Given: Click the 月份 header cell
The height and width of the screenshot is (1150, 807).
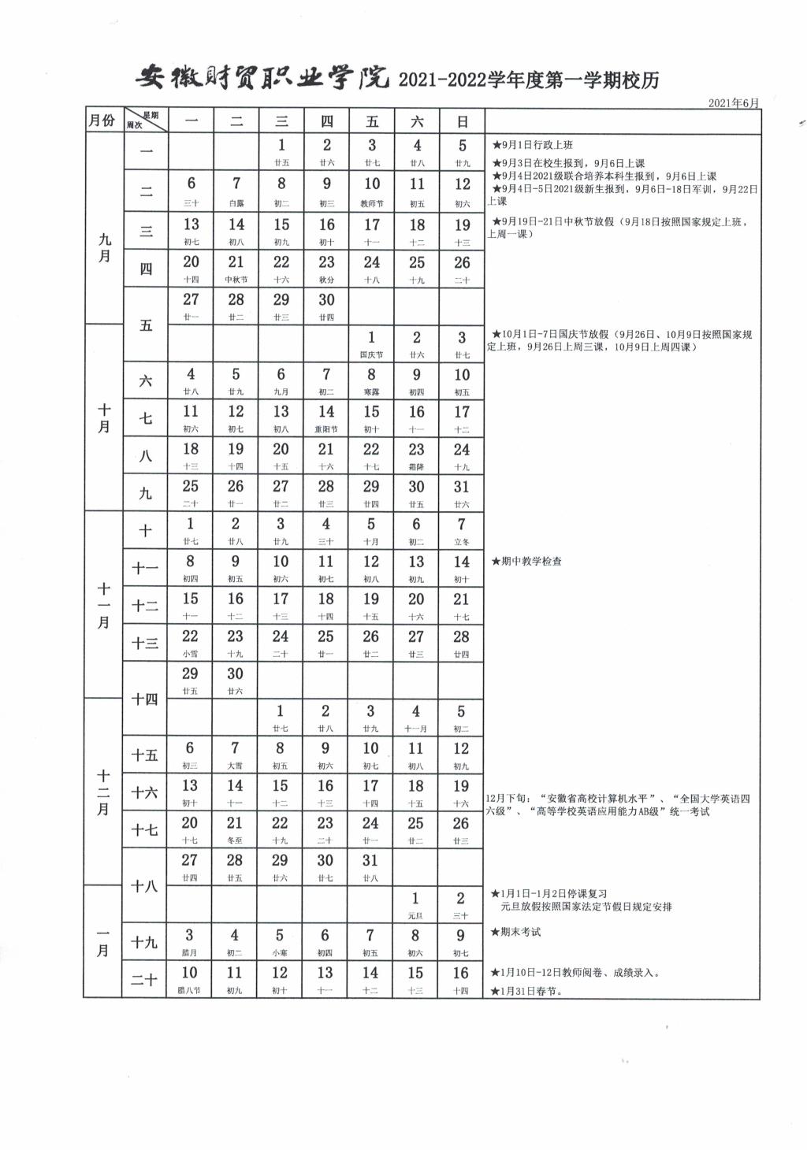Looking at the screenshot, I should pos(102,121).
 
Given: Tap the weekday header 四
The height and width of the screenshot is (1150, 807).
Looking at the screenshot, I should pos(326,121).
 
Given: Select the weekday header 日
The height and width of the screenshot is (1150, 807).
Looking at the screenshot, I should pos(463,121).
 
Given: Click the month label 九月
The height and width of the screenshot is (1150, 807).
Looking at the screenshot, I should pos(104,247).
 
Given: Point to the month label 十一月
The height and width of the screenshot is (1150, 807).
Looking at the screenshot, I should pos(103,605).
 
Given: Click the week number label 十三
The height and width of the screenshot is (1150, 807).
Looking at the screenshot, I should pos(145,644).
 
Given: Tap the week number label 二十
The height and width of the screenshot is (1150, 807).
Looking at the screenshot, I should pos(144,980).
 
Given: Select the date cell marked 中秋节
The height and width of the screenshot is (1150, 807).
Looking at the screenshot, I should pos(236,269).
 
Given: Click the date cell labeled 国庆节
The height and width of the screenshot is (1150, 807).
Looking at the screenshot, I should pos(371,343).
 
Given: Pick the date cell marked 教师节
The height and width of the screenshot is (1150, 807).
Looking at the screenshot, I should pos(372,191).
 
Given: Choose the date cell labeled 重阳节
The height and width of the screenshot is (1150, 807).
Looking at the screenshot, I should pos(326,418).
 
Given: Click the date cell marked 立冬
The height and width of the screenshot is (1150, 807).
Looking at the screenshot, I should pos(462,531).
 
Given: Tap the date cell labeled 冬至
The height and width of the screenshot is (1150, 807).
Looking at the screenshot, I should pos(235,829).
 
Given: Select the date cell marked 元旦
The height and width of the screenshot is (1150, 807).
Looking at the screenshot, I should pos(415,904).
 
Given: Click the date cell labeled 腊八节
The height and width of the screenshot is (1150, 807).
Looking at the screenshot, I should pos(189,979).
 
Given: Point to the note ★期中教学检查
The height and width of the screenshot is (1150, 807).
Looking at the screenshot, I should pos(526,562).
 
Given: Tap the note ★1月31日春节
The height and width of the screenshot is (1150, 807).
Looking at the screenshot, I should pos(526,991).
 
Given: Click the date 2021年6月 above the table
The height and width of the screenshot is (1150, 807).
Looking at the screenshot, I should pos(733,103).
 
